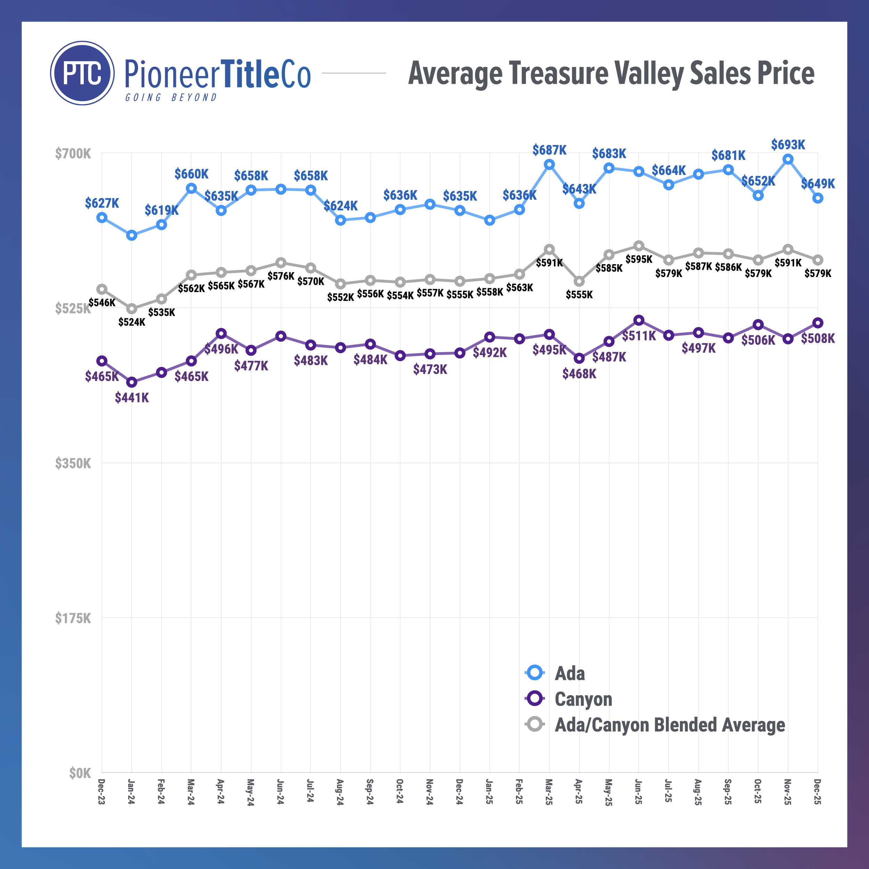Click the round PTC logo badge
[x=82, y=73]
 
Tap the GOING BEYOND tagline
[x=171, y=98]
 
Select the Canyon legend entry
[x=583, y=699]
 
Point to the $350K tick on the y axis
[x=73, y=463]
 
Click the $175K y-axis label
[x=73, y=618]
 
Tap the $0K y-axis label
[x=80, y=773]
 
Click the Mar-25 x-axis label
[x=549, y=792]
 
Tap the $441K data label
[x=132, y=398]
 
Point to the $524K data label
[x=132, y=322]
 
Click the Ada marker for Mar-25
[x=549, y=165]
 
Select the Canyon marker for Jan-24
[x=132, y=382]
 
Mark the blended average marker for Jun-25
[x=639, y=246]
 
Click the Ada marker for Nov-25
[x=788, y=159]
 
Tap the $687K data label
[x=549, y=150]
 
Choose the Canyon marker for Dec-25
[x=818, y=323]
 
